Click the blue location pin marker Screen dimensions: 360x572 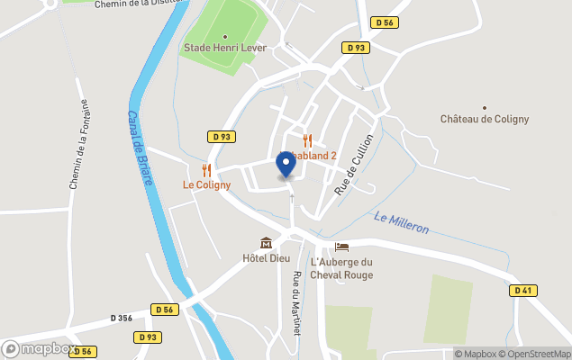(x=286, y=164)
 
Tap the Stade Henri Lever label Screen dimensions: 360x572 (x=225, y=48)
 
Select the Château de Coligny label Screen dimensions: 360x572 (x=484, y=119)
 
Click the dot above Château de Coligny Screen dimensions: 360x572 (x=485, y=107)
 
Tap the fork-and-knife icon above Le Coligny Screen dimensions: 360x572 (x=206, y=170)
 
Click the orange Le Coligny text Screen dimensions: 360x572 (x=206, y=185)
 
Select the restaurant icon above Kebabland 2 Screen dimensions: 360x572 (x=307, y=140)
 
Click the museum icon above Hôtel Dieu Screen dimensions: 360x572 (x=266, y=243)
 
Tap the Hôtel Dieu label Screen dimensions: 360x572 (x=266, y=258)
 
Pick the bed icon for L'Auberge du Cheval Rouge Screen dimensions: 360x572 (x=341, y=247)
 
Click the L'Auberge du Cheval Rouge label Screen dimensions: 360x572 (x=340, y=268)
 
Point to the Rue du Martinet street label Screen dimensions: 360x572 (x=295, y=303)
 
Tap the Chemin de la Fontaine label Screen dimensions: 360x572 (x=78, y=144)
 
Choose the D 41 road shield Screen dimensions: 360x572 (x=522, y=291)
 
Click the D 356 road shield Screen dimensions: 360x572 (x=121, y=318)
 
